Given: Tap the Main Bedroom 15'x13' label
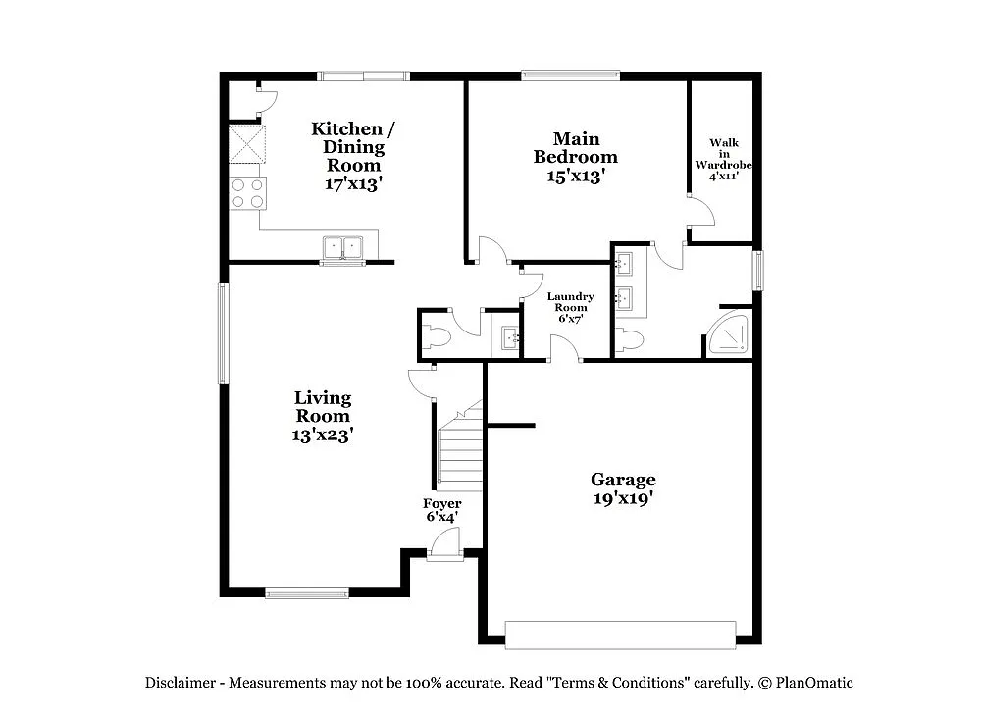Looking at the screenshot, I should click(575, 157).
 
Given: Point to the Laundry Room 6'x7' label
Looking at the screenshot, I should click(570, 306).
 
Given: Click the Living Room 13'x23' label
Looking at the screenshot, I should click(322, 416).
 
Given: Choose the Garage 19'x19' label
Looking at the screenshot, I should click(622, 488).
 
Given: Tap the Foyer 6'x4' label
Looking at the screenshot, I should click(442, 509).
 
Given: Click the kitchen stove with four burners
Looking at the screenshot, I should click(247, 192).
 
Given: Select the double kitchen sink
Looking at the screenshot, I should click(342, 247).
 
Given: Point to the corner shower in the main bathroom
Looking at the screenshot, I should click(732, 334).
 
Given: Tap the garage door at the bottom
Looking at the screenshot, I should click(621, 635).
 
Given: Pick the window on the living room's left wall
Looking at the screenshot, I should click(223, 333).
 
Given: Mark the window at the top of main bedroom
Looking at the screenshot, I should click(570, 75).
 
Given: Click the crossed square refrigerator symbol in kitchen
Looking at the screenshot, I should click(247, 143).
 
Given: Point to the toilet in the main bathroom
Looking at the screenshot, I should click(630, 340).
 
